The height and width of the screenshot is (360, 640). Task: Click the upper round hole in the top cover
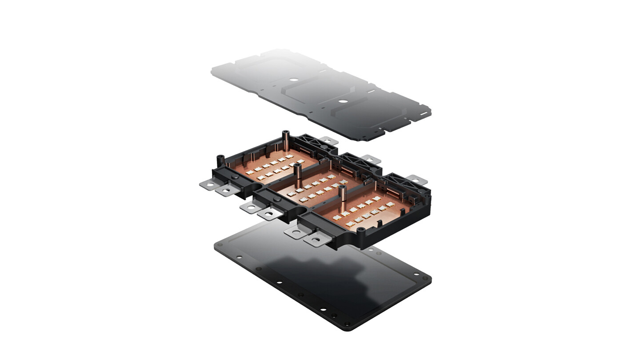coord(294,80)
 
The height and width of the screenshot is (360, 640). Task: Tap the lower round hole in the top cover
coord(342,101)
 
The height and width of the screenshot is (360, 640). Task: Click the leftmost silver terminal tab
coord(209,183)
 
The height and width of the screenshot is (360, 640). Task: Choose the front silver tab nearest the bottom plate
coord(317,240)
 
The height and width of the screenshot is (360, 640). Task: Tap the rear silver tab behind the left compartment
coord(328,140)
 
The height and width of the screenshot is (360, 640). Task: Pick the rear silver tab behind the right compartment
coord(416,180)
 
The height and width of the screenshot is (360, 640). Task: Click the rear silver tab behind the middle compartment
coord(370,159)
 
